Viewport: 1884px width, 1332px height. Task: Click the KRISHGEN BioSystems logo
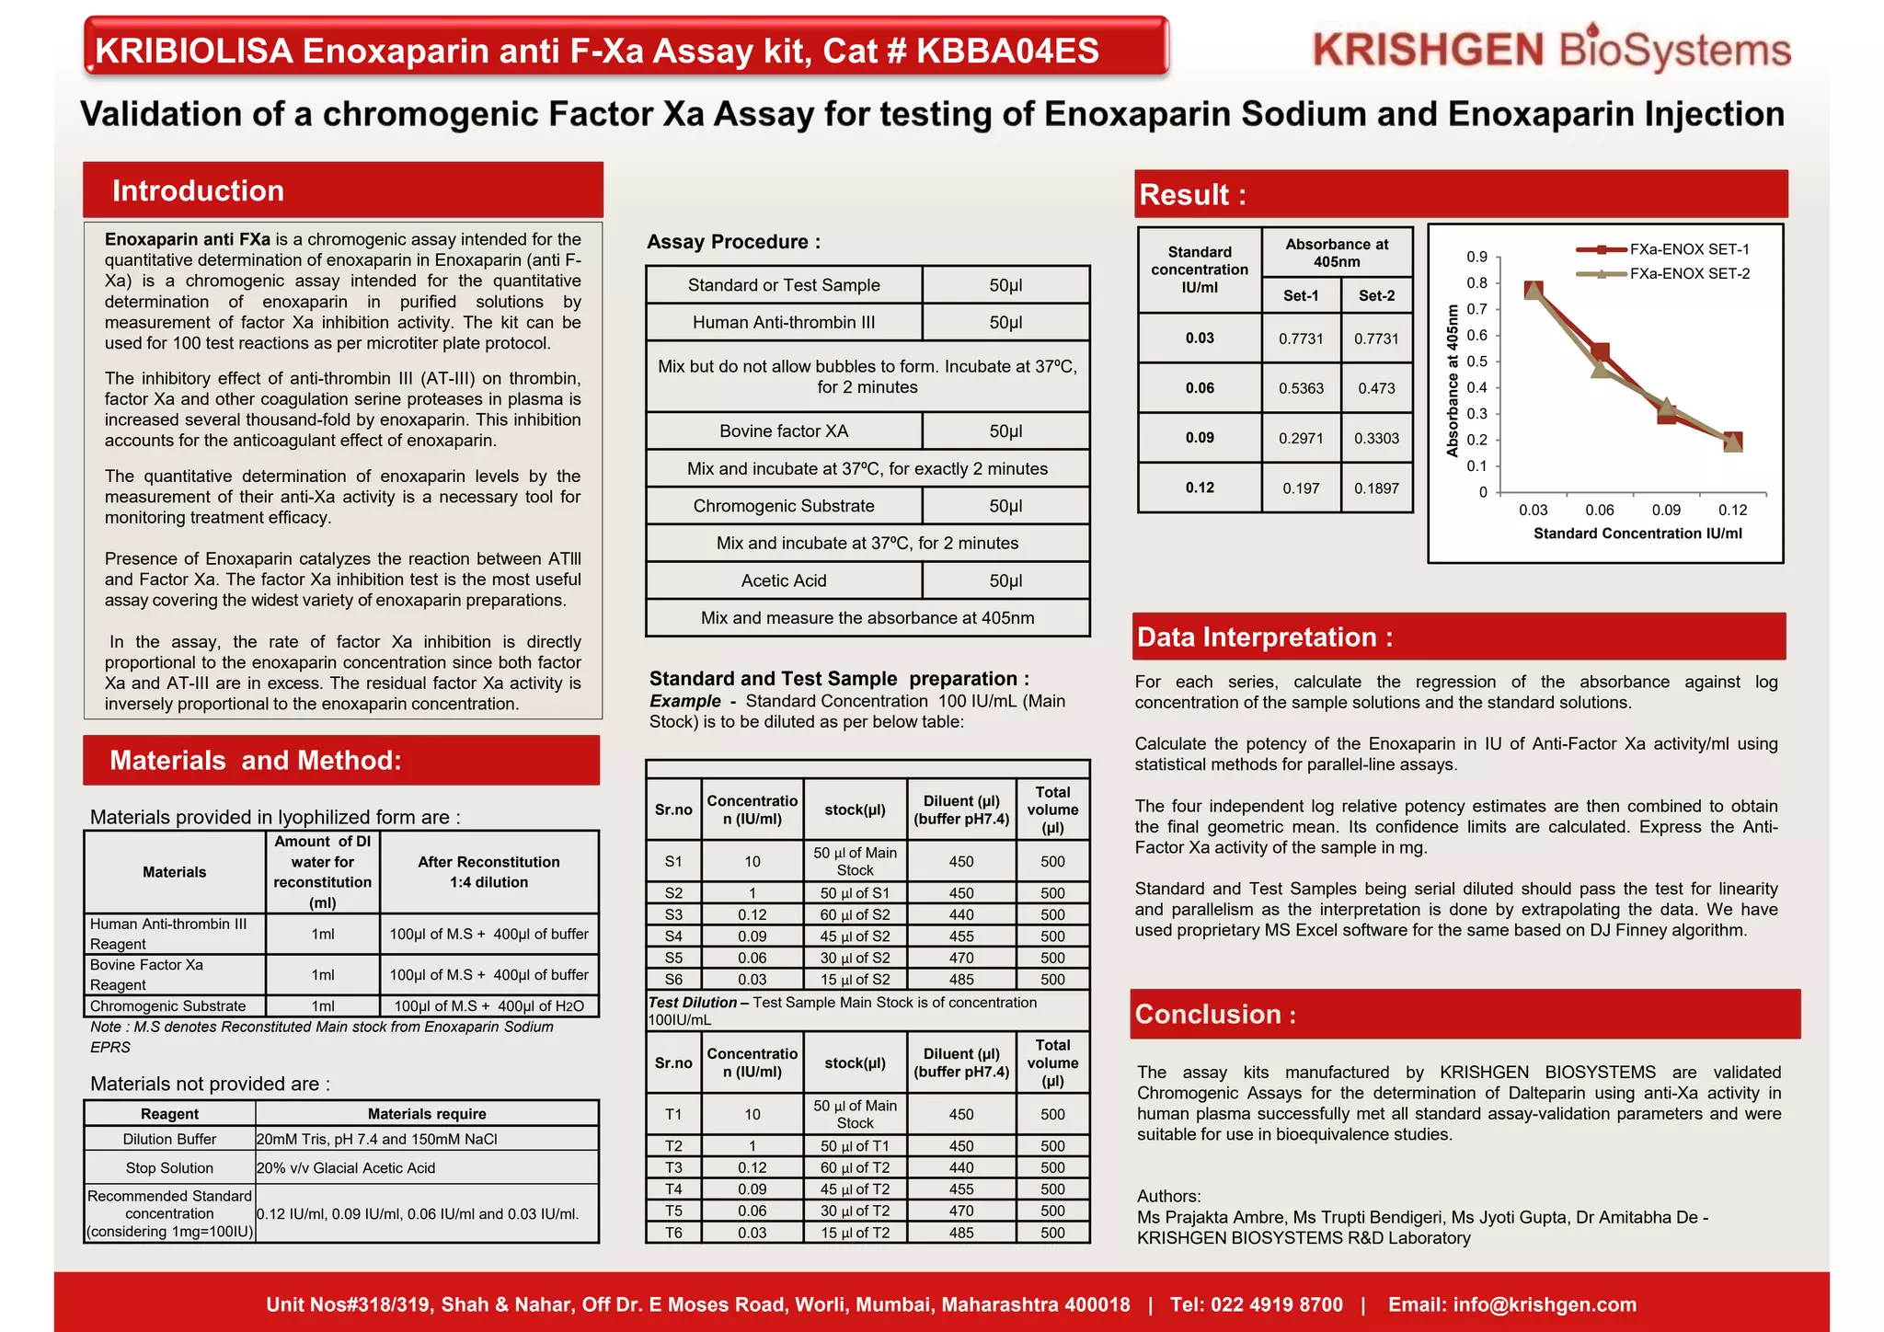1552,50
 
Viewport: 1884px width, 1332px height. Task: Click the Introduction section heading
198,190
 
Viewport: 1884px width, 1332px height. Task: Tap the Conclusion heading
1215,1014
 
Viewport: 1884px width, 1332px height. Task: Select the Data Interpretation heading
1264,637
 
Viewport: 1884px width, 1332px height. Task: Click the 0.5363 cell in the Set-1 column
1301,388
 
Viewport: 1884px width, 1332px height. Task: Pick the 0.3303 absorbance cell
1376,438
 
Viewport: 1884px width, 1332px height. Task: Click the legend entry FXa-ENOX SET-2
1689,273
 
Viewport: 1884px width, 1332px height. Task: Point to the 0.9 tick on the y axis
1476,257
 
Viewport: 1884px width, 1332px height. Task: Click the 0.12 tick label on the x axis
1732,510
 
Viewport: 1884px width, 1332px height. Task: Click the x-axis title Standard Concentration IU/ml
1637,534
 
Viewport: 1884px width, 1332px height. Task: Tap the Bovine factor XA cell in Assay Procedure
784,431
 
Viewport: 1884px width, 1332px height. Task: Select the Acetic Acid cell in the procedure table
784,580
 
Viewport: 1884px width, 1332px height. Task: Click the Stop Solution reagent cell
169,1167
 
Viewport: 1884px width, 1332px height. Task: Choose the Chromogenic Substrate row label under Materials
167,1006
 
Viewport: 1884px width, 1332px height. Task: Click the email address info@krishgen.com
1545,1304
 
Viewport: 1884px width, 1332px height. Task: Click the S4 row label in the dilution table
673,936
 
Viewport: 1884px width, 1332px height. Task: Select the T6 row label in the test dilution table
673,1233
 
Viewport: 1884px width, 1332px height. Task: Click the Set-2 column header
1376,295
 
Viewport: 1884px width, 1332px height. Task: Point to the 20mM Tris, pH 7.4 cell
376,1139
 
